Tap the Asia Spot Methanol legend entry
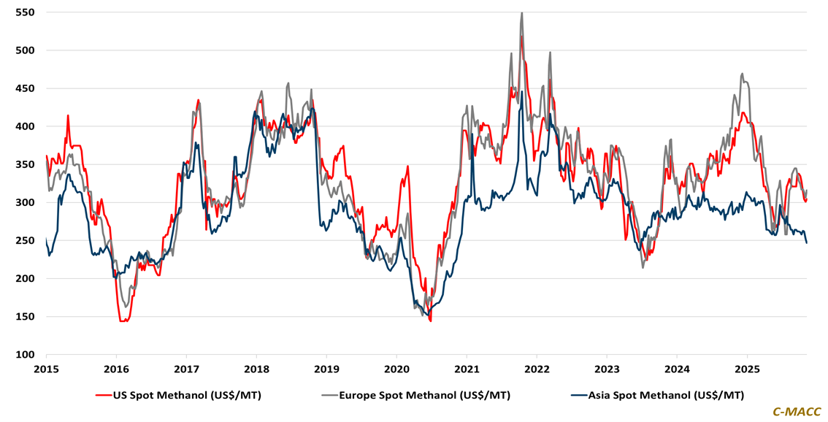tap(664, 395)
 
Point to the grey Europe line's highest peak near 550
tap(521, 13)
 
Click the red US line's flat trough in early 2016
tap(124, 320)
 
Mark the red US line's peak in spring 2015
tap(68, 115)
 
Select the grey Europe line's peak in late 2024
tap(742, 74)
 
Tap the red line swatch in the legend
tap(103, 395)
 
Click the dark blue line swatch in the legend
tap(578, 395)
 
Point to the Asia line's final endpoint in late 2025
tap(807, 243)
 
